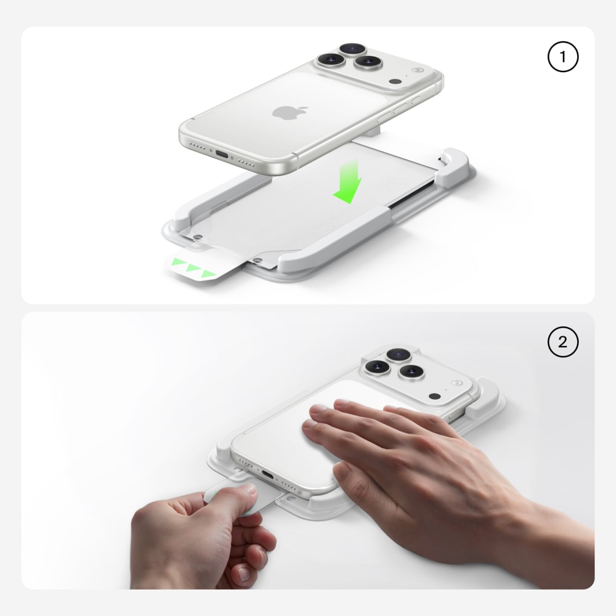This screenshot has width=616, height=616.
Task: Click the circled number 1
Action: pos(562,57)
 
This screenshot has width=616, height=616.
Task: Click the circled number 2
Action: pos(562,342)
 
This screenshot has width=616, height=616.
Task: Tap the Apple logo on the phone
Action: pos(290,112)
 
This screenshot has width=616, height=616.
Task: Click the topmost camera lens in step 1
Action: pos(353,49)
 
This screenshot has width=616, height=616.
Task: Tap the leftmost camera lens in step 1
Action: pos(331,60)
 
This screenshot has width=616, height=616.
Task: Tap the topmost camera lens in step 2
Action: pos(399,355)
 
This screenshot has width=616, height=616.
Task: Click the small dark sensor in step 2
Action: pos(434,396)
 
